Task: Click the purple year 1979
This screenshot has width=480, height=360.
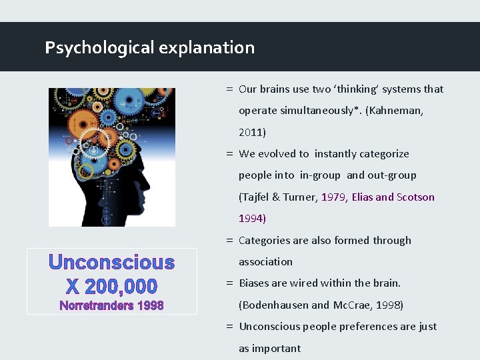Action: pos(333,197)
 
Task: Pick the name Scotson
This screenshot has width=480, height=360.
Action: pos(415,197)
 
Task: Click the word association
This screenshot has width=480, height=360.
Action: pos(265,262)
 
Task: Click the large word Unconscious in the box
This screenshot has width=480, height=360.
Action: pos(111,263)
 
